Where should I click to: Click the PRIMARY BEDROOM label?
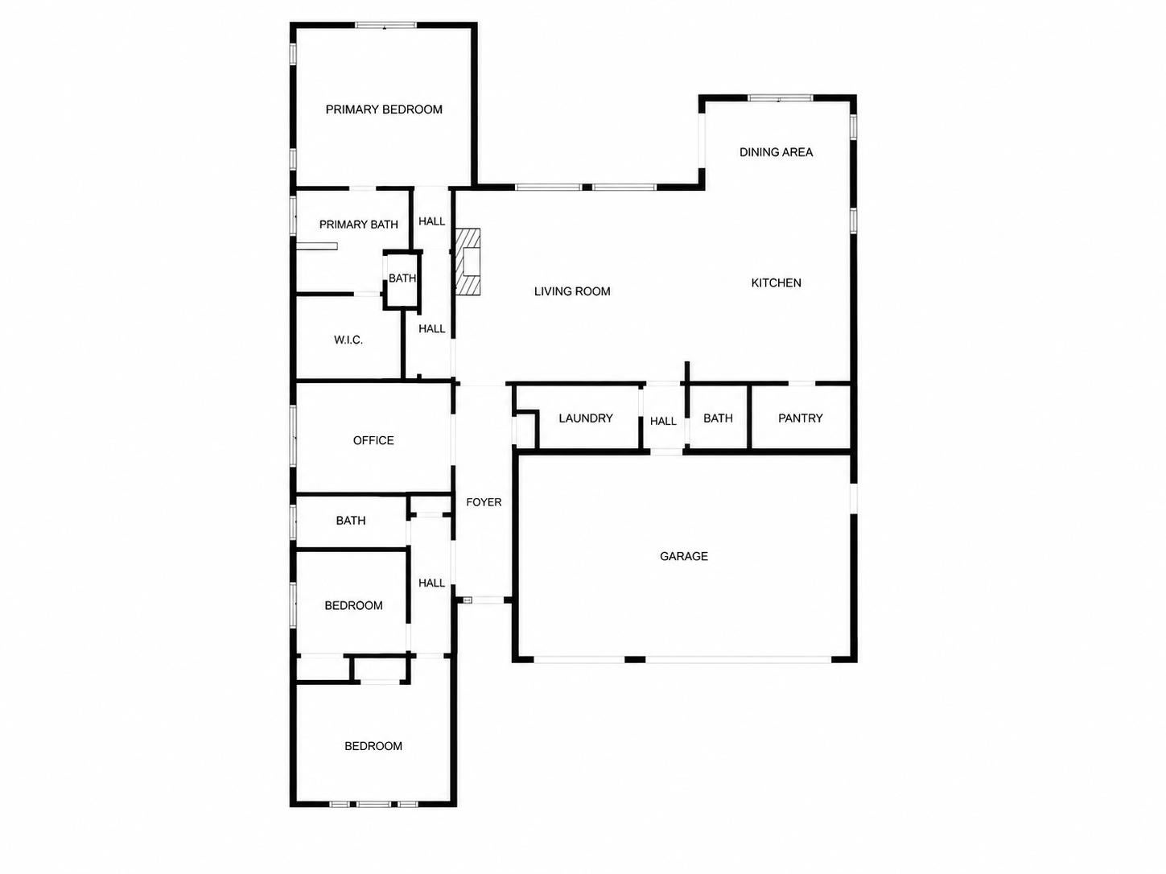384,109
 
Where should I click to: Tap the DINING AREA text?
776,152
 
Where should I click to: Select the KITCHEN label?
776,283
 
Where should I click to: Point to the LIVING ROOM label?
572,291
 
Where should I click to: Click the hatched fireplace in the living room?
468,262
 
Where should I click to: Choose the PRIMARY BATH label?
359,225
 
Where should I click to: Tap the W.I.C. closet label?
348,340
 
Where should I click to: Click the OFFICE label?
373,440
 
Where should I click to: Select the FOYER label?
484,502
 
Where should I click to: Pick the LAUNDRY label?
585,418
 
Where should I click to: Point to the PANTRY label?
800,418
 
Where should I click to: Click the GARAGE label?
684,556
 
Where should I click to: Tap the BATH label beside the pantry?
718,418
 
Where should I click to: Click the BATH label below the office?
351,521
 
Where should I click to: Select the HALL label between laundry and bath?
663,422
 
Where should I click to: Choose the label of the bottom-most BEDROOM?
373,746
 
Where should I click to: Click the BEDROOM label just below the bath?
353,606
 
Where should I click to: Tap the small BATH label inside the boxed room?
402,278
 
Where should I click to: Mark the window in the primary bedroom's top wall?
385,25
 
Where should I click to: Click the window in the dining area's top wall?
781,97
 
